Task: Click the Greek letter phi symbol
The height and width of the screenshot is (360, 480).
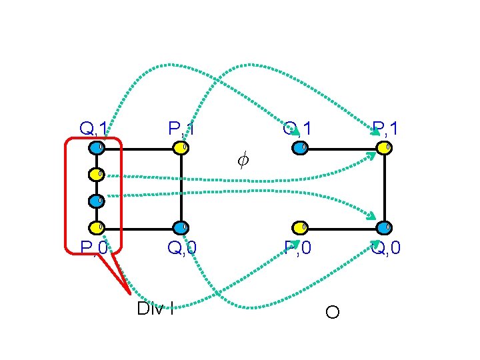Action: coord(243,160)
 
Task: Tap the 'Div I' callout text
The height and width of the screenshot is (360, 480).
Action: coord(155,308)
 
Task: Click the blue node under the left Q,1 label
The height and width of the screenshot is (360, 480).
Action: coord(97,147)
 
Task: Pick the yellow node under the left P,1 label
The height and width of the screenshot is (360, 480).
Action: coord(181,147)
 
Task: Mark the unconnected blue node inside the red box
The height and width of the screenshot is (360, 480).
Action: coord(97,200)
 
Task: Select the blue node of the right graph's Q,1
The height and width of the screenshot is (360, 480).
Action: coord(301,147)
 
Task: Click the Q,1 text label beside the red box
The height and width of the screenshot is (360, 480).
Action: coord(93,127)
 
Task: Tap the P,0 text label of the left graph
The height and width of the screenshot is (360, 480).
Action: coord(93,249)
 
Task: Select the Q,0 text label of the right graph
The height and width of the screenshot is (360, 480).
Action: coord(387,249)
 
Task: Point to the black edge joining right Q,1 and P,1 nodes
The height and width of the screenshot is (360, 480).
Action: coord(343,149)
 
